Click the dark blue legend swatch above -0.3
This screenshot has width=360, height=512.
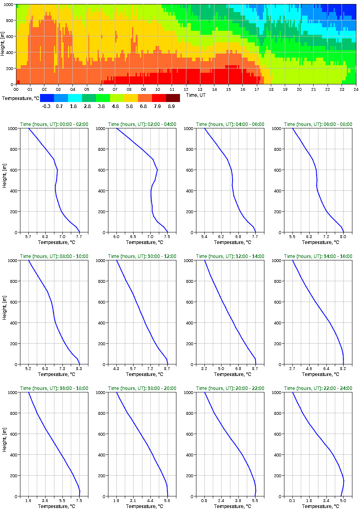point(47,98)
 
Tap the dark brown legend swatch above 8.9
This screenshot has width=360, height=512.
point(173,98)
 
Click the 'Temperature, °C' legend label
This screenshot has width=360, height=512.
point(20,98)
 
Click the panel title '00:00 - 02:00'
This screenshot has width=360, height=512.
point(54,124)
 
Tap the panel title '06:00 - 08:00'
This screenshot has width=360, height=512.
point(318,124)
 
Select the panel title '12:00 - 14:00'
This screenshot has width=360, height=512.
point(230,256)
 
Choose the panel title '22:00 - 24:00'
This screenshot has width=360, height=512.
point(318,388)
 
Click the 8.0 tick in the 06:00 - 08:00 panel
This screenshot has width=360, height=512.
point(343,237)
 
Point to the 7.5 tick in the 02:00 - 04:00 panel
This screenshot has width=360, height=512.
point(167,237)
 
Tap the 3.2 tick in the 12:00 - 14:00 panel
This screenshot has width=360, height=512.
point(204,369)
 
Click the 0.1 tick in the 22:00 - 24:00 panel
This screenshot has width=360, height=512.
point(292,501)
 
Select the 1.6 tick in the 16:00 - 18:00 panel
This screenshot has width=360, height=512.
point(28,501)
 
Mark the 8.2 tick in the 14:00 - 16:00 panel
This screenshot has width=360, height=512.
point(343,369)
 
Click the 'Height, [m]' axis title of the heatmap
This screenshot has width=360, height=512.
point(3,44)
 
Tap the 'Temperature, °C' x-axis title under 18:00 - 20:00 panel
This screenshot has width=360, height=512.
point(142,506)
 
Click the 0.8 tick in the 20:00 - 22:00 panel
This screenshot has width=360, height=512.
point(204,501)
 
